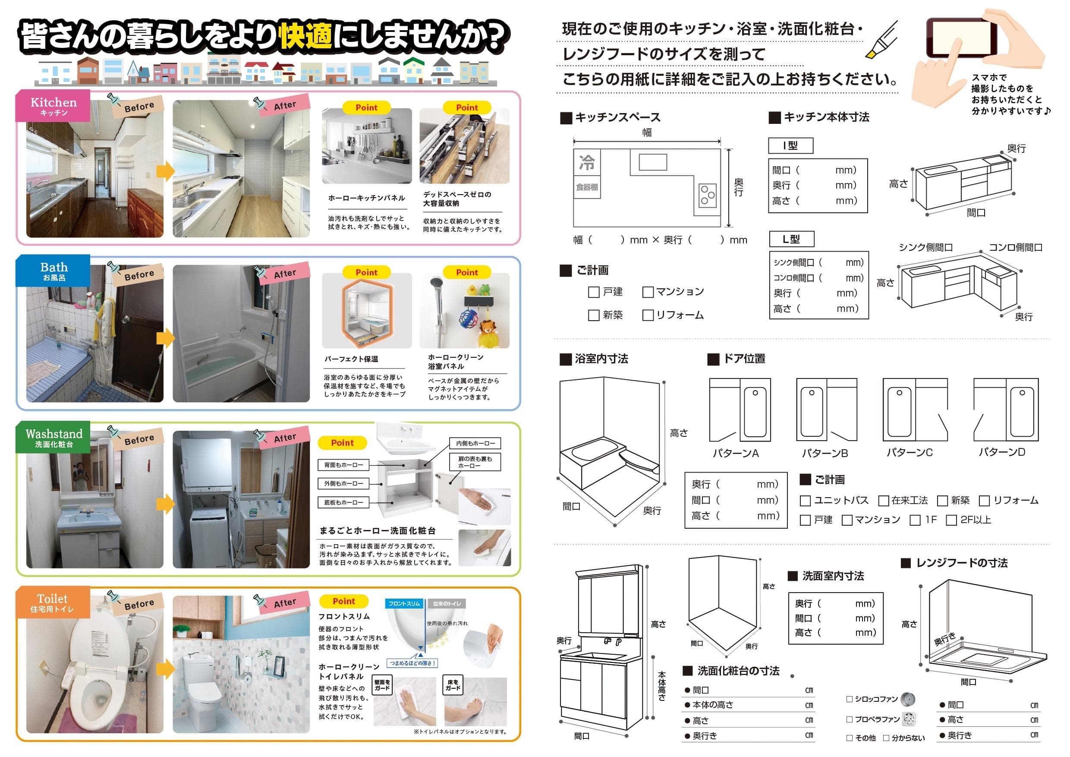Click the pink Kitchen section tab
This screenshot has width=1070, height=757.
pos(53,106)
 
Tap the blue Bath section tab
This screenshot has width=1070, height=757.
pos(53,271)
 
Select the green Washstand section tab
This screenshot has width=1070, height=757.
pos(53,437)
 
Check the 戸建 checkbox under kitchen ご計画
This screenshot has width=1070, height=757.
pos(594,292)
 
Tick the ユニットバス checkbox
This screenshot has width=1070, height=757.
pos(805,501)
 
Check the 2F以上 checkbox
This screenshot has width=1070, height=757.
pos(951,520)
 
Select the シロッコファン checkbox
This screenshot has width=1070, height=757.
pos(849,699)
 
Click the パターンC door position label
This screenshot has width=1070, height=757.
pos(909,452)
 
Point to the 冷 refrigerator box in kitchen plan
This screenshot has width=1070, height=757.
pos(587,163)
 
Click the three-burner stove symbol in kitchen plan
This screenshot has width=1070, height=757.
pos(707,196)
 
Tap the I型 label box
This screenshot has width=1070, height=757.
pos(790,145)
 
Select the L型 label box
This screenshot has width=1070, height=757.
pos(791,239)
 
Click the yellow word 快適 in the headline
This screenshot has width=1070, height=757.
pos(306,36)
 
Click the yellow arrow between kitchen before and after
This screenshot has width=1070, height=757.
pos(165,171)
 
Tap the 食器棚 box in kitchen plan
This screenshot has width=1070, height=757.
pos(587,187)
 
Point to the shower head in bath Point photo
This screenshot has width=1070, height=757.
pos(436,283)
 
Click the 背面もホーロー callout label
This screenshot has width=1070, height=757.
pos(343,465)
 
